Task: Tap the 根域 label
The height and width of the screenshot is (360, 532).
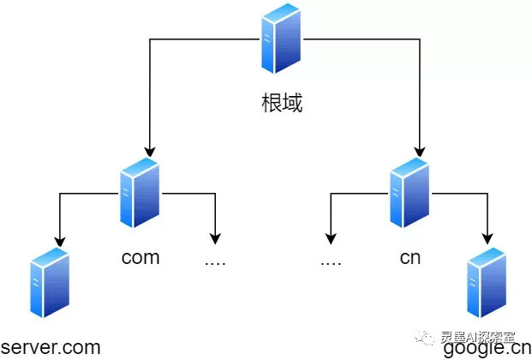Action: tap(282, 105)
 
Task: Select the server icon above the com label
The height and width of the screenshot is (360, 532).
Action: tap(140, 192)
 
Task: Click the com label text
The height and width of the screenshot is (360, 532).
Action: tap(140, 257)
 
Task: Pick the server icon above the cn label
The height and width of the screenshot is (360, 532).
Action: tap(409, 192)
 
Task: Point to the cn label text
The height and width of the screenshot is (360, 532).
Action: tap(410, 257)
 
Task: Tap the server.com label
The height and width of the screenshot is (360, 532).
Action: tap(51, 347)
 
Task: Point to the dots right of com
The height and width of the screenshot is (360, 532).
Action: tap(215, 260)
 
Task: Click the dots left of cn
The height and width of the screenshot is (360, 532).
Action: tap(331, 260)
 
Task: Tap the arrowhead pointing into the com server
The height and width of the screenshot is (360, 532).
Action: tap(151, 149)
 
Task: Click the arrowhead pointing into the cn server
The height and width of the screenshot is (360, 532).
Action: tap(420, 149)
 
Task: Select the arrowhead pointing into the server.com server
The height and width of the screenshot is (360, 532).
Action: tap(59, 239)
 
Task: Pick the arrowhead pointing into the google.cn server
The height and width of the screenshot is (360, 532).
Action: tap(489, 239)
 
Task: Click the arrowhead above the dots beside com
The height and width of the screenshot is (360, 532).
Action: tap(215, 237)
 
